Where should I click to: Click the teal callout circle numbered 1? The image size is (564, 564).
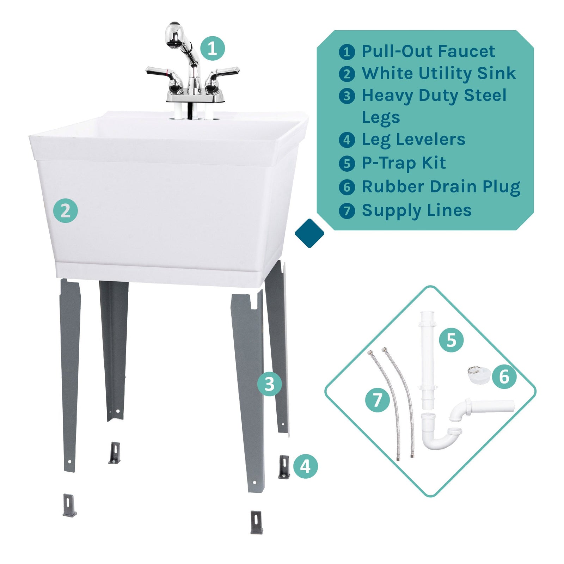pos(213,48)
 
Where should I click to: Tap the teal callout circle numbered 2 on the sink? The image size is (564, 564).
pos(66,211)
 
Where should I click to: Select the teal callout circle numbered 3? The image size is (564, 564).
pos(269,384)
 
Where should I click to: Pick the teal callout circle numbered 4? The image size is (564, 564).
pos(305,466)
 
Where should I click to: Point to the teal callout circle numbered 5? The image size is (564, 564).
pos(451,340)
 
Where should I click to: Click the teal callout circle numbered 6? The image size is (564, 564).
pos(504,376)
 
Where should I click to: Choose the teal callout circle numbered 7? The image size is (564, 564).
pos(378,400)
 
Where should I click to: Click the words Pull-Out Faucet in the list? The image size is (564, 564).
pos(428,51)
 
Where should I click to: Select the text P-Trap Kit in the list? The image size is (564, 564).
pos(404,163)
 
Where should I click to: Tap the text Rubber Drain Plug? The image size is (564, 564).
pos(441,187)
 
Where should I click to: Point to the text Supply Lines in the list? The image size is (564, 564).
pos(417,210)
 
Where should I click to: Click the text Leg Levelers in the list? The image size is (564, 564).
pos(413,140)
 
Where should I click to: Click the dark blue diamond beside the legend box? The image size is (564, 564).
pos(309,233)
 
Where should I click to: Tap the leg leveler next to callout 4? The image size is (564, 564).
pos(284,466)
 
